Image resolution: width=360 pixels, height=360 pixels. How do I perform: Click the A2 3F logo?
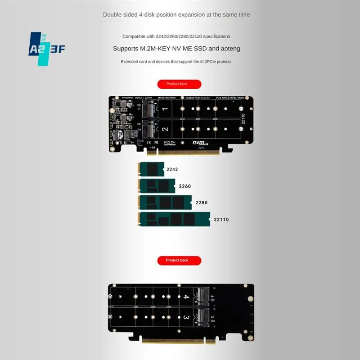(x=47, y=49)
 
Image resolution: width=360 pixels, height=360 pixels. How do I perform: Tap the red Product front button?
(x=179, y=84)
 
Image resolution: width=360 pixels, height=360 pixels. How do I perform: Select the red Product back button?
(x=179, y=261)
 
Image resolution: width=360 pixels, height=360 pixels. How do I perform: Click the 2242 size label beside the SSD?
(x=172, y=170)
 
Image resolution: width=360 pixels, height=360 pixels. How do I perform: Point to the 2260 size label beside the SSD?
(x=184, y=186)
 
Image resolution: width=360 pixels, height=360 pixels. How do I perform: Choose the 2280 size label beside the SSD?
(x=201, y=203)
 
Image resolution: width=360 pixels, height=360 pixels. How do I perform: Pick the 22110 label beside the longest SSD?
(x=221, y=220)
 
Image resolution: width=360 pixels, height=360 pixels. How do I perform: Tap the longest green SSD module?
(x=174, y=220)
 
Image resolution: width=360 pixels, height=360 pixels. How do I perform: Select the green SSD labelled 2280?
(x=165, y=203)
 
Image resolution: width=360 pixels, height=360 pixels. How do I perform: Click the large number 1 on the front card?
(x=165, y=109)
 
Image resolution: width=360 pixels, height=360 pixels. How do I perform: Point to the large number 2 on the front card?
(x=165, y=129)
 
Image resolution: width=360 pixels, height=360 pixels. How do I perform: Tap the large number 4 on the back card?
(x=185, y=297)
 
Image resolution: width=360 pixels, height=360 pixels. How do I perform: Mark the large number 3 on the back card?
(x=185, y=318)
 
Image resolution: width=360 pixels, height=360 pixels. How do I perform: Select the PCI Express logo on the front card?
(x=170, y=144)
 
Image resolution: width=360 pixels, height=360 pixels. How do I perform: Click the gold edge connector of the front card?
(x=189, y=153)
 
